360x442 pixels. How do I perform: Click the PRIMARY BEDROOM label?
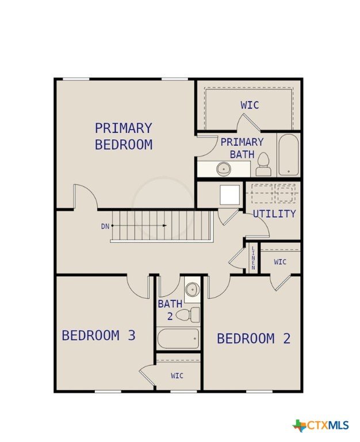pyautogui.click(x=124, y=136)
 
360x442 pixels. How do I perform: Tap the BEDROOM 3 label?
pyautogui.click(x=98, y=336)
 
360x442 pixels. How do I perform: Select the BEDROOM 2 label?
pyautogui.click(x=254, y=338)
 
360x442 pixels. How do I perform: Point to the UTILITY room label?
pyautogui.click(x=274, y=214)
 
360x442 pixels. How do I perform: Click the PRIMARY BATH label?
pyautogui.click(x=242, y=148)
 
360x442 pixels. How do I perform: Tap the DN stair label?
pyautogui.click(x=105, y=226)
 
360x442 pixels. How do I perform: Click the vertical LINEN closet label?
pyautogui.click(x=253, y=258)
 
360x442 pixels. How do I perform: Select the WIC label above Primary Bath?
pyautogui.click(x=250, y=105)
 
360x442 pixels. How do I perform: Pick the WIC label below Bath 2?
pyautogui.click(x=177, y=375)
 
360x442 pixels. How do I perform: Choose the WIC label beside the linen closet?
pyautogui.click(x=280, y=262)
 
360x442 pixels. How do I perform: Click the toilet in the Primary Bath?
pyautogui.click(x=263, y=165)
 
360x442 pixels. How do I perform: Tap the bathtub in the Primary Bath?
pyautogui.click(x=288, y=155)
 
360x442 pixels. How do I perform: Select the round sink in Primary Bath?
pyautogui.click(x=224, y=169)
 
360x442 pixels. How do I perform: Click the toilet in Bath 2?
pyautogui.click(x=187, y=315)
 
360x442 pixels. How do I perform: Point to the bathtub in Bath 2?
pyautogui.click(x=178, y=338)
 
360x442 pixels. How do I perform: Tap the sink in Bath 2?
pyautogui.click(x=193, y=289)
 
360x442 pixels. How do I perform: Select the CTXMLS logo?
pyautogui.click(x=320, y=425)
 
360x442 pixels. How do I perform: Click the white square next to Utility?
pyautogui.click(x=230, y=195)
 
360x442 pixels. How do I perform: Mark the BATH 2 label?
pyautogui.click(x=170, y=310)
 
